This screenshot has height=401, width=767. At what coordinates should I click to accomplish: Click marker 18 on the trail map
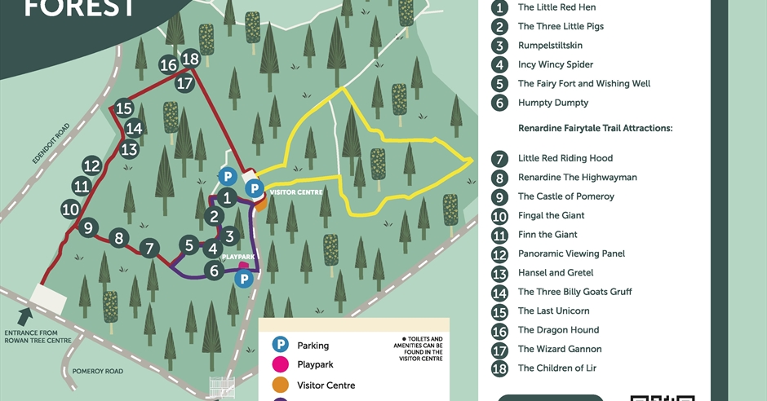point(191,59)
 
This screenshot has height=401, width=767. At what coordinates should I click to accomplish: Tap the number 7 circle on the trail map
point(149,248)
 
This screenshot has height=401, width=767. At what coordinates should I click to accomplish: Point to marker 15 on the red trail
point(124,108)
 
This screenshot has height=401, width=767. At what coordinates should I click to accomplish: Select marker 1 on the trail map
point(229,197)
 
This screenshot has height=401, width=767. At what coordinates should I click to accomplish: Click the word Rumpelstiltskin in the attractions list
point(550,46)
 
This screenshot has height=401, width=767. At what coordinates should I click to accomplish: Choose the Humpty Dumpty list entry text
point(552,103)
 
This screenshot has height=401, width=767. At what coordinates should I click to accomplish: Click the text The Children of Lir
point(556,368)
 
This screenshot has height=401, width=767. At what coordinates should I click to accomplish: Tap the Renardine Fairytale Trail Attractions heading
point(595,128)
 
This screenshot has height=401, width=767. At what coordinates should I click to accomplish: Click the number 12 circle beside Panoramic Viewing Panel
point(499,253)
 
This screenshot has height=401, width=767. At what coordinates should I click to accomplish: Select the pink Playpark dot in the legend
point(280,364)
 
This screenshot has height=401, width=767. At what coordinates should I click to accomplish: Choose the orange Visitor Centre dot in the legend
point(280,385)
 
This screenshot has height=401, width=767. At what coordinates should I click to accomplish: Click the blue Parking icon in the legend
point(280,345)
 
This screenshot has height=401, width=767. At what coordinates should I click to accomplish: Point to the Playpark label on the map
point(238,257)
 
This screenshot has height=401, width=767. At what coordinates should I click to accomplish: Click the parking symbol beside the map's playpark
point(243,279)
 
